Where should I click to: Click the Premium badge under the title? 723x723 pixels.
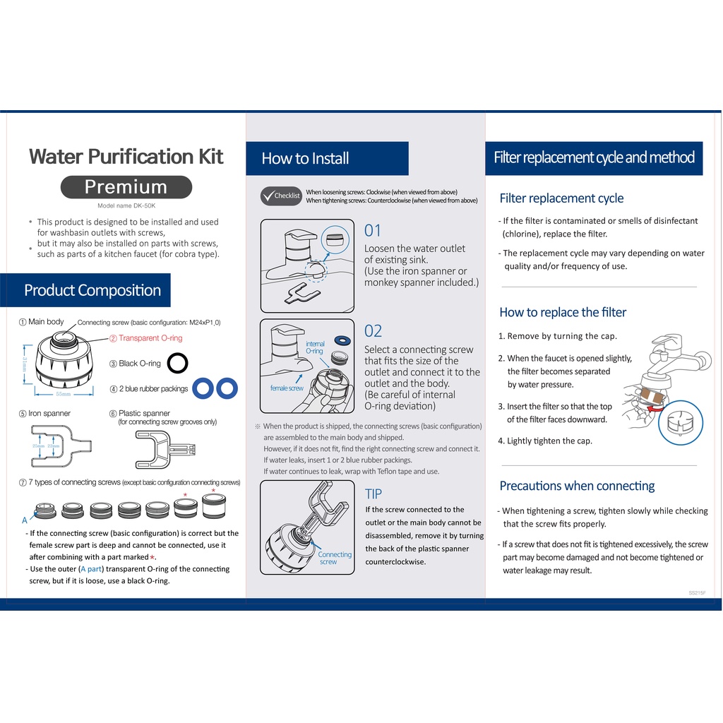126,186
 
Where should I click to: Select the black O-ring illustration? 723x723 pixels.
177,363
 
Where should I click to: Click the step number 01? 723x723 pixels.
373,231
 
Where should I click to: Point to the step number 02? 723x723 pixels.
373,331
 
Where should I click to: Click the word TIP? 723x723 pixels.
374,494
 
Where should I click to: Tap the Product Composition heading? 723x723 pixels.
92,290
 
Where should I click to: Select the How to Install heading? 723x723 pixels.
305,158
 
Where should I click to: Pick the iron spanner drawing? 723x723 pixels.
61,446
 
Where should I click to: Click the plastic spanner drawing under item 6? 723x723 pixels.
165,450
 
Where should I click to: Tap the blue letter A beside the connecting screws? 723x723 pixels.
25,520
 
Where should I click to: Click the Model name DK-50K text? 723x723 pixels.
126,205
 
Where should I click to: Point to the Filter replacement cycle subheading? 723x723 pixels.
561,198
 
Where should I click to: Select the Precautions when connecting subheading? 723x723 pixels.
578,486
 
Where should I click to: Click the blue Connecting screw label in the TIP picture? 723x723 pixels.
334,558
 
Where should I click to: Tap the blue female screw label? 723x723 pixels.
287,388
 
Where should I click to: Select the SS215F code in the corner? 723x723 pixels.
697,592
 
